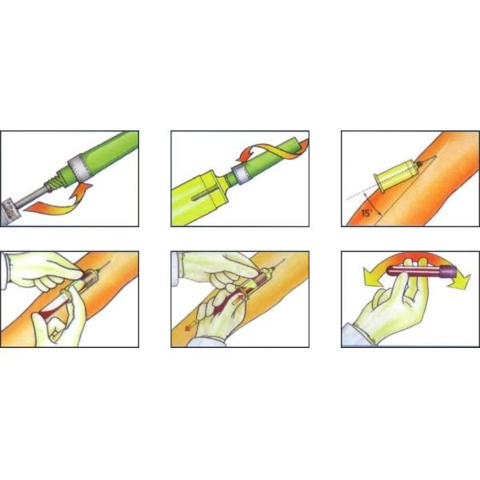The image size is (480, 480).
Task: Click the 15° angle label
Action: tap(366, 213)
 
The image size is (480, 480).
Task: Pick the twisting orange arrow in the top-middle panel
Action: tap(273, 150)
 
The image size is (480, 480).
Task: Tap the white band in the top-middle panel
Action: tap(240, 174)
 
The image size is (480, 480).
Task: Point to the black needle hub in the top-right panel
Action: tap(420, 164)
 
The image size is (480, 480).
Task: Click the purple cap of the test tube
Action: tap(448, 271)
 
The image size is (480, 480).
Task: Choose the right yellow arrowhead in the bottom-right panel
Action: tap(459, 281)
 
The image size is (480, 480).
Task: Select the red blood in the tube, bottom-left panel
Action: tap(49, 313)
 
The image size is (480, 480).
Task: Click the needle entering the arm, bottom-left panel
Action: tap(104, 266)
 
